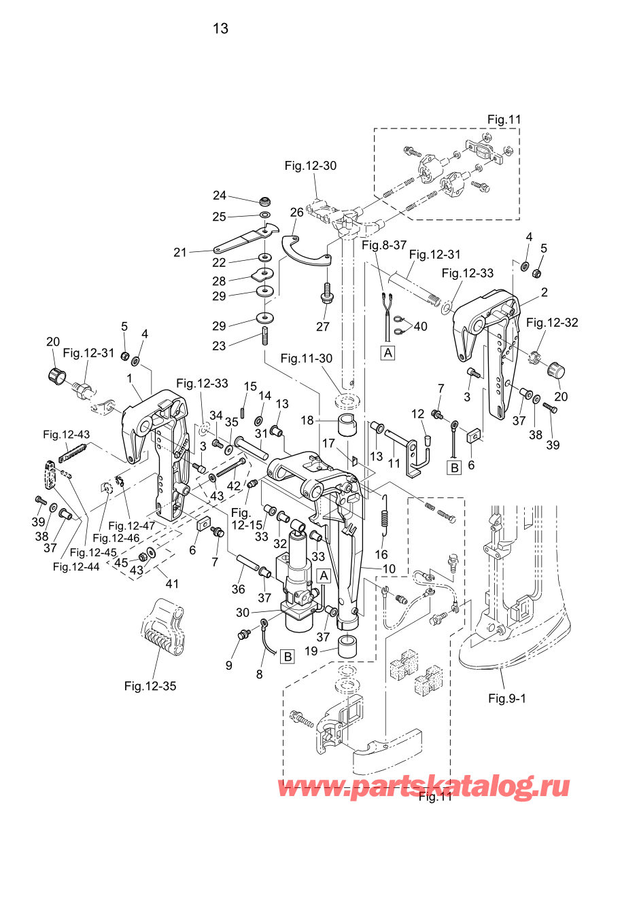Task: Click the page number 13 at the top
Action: click(x=220, y=29)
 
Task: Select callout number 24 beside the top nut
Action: click(x=219, y=196)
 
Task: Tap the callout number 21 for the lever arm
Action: click(x=179, y=253)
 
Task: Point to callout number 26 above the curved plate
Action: click(x=296, y=213)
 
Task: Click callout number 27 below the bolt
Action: click(x=323, y=327)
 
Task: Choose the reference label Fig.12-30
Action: click(x=310, y=166)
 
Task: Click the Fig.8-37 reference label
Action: click(x=383, y=245)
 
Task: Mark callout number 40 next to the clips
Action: click(x=421, y=327)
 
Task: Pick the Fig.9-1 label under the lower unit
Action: click(x=507, y=698)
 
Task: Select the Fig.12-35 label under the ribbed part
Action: click(x=150, y=686)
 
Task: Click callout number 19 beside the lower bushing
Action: click(x=311, y=651)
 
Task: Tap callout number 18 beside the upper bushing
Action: click(x=307, y=420)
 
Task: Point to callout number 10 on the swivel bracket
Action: click(x=389, y=569)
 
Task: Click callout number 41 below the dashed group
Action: click(x=172, y=583)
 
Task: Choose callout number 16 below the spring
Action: click(x=381, y=555)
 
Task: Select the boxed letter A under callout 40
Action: click(x=388, y=353)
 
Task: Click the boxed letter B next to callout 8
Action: click(x=288, y=657)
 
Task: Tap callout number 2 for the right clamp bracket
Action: click(x=545, y=293)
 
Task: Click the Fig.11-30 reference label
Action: click(x=307, y=359)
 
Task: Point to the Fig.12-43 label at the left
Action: click(x=66, y=435)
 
